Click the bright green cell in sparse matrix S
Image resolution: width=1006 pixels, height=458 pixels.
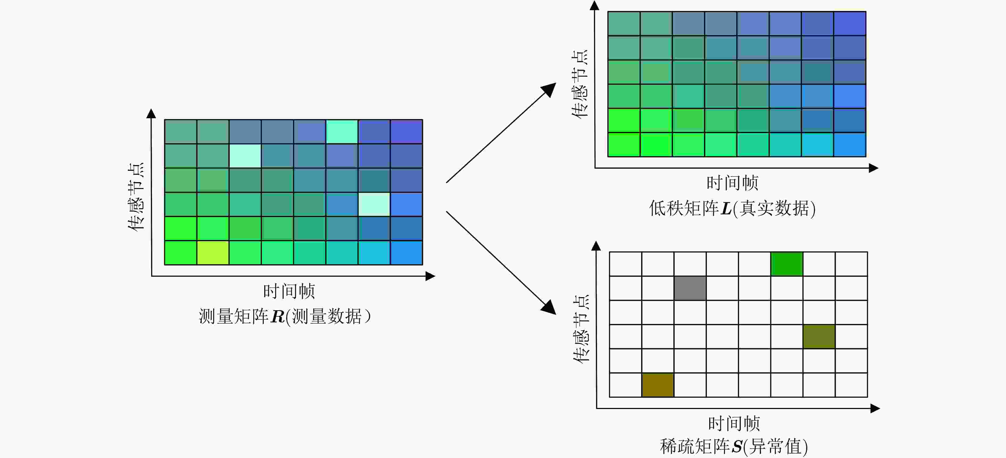[x=786, y=264]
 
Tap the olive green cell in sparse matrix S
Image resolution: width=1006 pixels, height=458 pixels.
[x=819, y=337]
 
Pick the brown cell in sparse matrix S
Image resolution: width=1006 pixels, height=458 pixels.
[x=658, y=385]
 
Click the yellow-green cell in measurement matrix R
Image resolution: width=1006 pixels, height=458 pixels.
[x=213, y=253]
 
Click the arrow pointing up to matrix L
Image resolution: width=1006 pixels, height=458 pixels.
[x=501, y=133]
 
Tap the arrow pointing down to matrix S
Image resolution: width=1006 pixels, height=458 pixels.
[x=501, y=263]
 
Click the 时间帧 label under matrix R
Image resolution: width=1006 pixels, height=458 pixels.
[x=289, y=291]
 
